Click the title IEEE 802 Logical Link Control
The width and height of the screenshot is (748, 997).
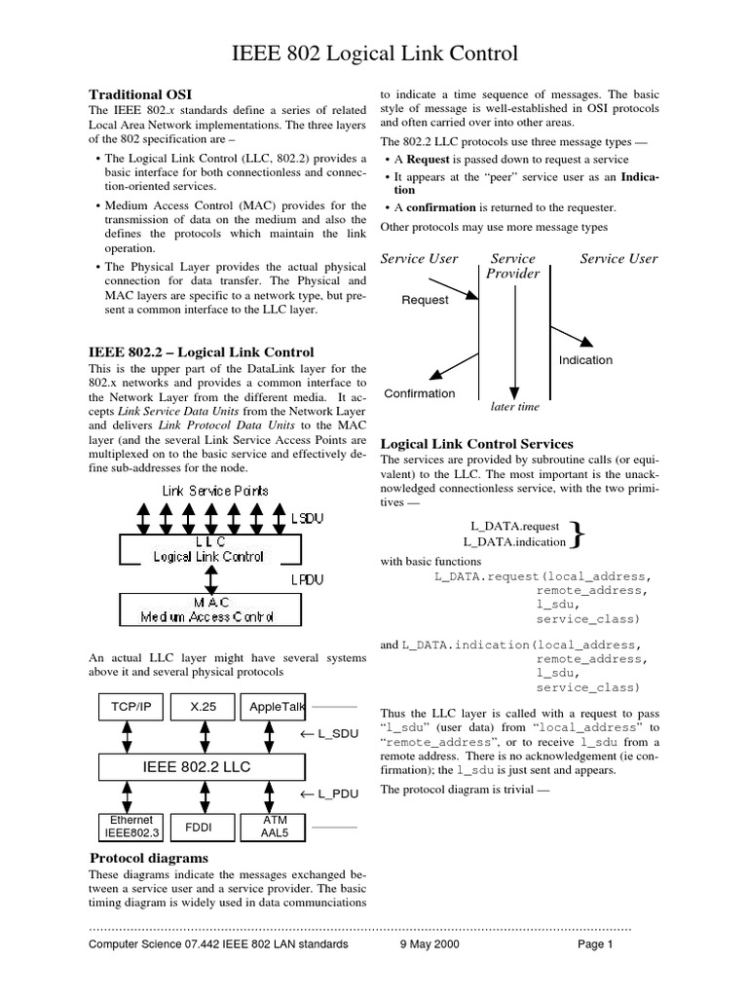point(374,53)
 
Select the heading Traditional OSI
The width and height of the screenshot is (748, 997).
point(140,93)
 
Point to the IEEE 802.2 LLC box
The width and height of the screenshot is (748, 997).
point(197,767)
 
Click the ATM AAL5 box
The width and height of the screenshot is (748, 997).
point(273,827)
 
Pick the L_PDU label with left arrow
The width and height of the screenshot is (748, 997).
point(330,794)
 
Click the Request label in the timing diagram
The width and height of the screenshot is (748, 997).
point(425,300)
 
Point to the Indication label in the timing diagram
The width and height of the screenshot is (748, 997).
point(585,360)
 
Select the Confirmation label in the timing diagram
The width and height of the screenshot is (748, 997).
point(419,393)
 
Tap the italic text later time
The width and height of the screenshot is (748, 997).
point(515,407)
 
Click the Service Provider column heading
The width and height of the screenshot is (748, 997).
point(512,266)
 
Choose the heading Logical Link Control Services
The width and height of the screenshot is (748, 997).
point(476,443)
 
